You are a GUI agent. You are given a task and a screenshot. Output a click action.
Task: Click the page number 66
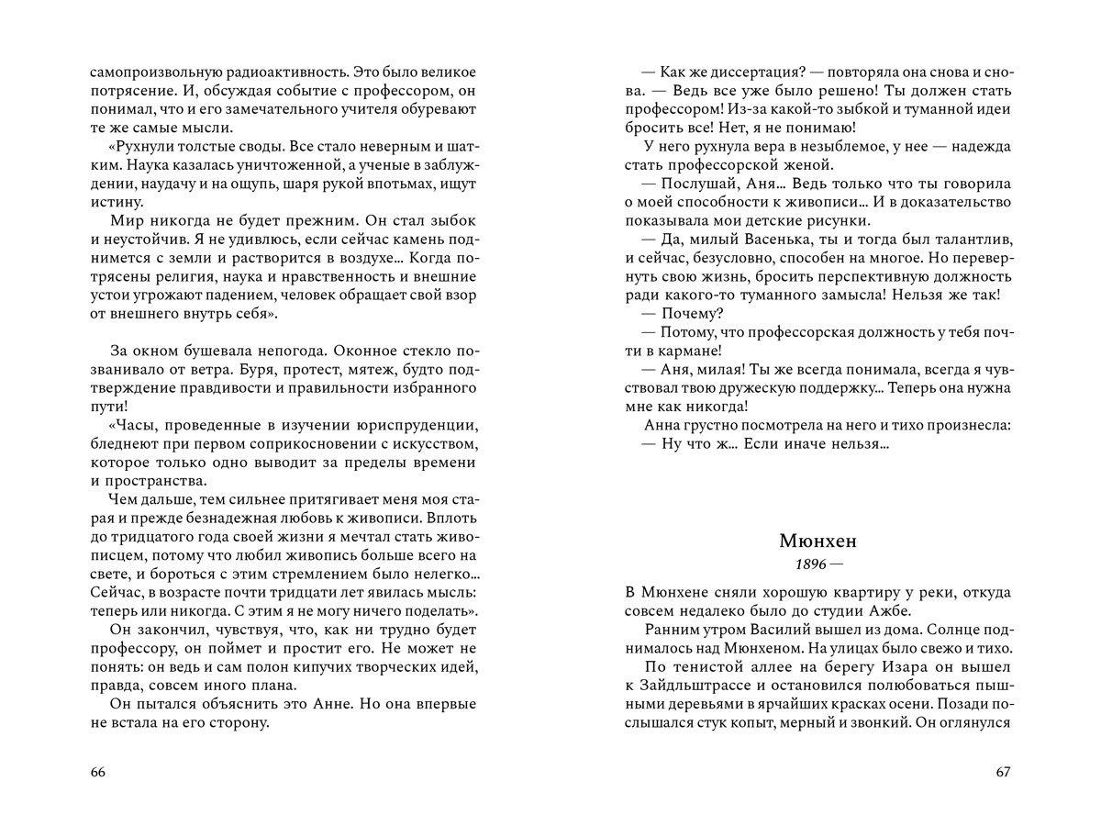click(99, 772)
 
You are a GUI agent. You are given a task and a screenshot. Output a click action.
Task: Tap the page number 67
click(1003, 772)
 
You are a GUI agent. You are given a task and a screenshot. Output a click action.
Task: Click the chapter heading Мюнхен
click(816, 541)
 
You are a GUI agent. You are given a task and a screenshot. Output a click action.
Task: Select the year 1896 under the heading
click(806, 564)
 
